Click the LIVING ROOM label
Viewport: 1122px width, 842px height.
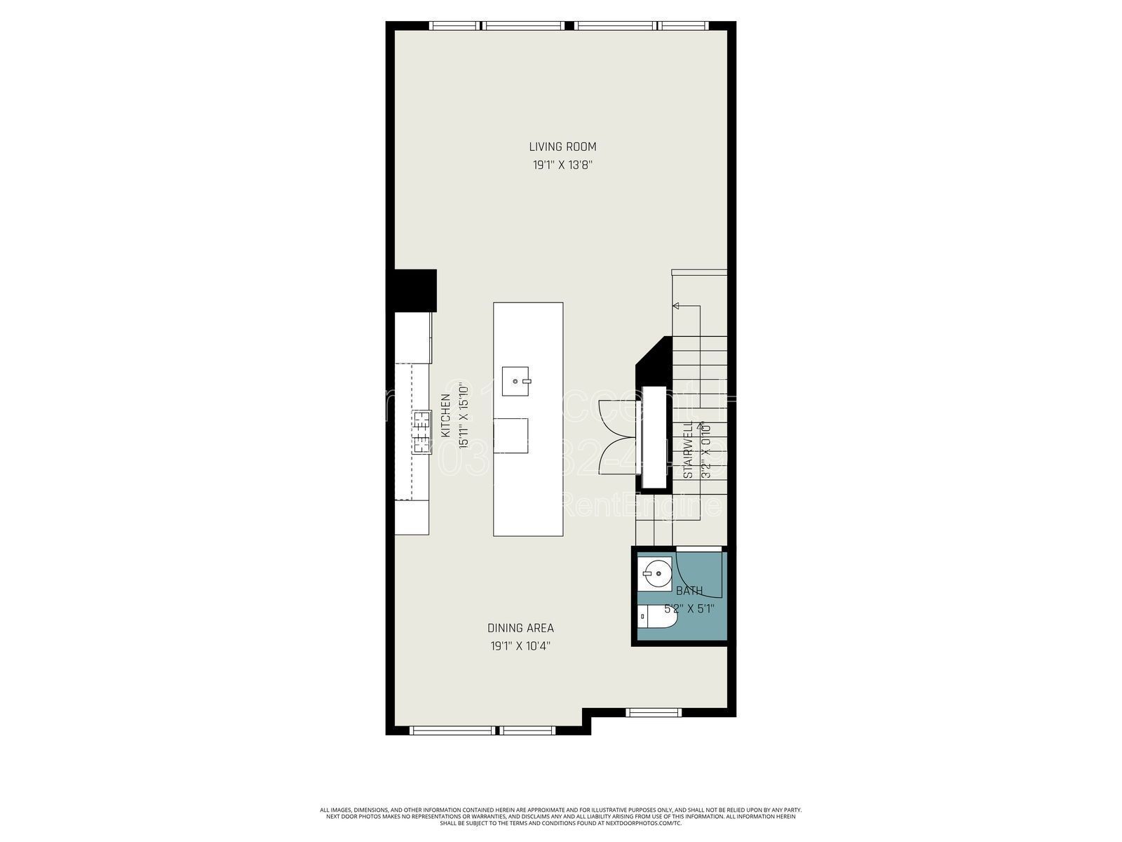(562, 147)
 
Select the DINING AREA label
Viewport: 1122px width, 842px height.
(520, 628)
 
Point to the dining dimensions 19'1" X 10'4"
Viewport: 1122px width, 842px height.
(520, 647)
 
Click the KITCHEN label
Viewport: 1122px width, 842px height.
(445, 415)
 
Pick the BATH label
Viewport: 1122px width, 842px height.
(689, 592)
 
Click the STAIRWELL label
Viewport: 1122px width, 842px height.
(689, 449)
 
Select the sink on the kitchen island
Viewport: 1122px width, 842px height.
(518, 381)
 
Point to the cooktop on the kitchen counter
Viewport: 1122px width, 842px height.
(421, 432)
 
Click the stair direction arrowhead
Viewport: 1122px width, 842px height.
(675, 306)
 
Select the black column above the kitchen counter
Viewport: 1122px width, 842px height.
(415, 290)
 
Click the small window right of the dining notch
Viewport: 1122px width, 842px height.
(648, 712)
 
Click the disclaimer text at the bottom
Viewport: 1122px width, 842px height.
(561, 816)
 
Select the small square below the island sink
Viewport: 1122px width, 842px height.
(511, 435)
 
